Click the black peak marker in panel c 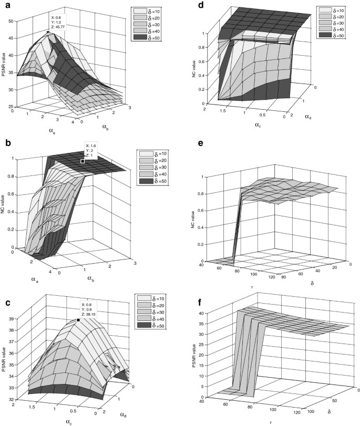coord(78,319)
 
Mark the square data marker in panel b coord(83,161)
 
